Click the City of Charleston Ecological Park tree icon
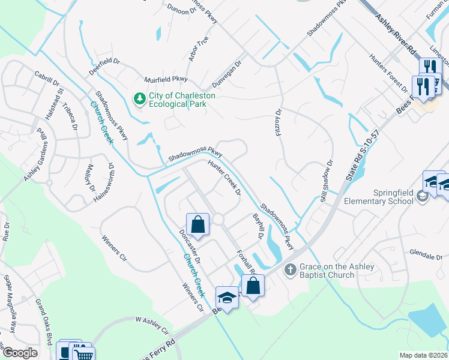pyautogui.click(x=140, y=98)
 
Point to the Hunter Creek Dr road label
pyautogui.click(x=224, y=178)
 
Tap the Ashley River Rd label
pyautogui.click(x=396, y=36)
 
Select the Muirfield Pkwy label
pyautogui.click(x=166, y=79)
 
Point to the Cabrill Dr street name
pyautogui.click(x=47, y=78)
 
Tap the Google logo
pyautogui.click(x=20, y=353)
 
